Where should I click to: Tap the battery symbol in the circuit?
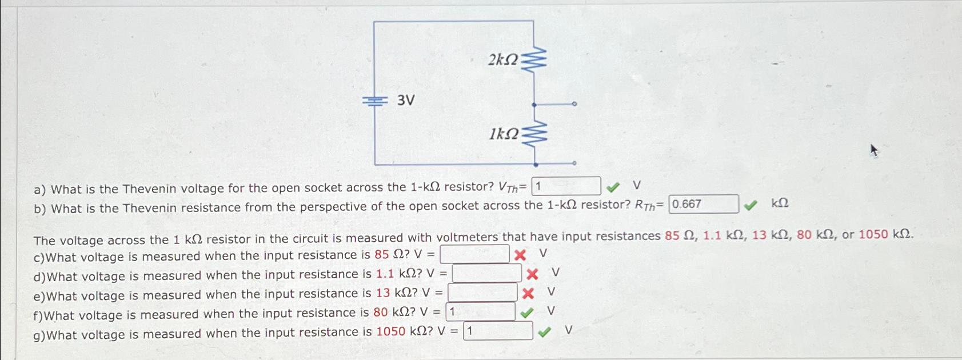coord(374,101)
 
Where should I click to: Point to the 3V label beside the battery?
coord(406,101)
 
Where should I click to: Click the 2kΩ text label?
coord(502,59)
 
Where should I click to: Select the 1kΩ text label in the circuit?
coord(504,134)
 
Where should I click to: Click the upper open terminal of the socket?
coord(574,105)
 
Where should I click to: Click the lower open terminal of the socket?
coord(574,163)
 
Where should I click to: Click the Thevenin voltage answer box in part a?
coord(566,186)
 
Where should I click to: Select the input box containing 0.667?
coord(703,204)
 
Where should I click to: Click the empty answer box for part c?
coord(474,254)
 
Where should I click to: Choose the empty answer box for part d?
coord(486,274)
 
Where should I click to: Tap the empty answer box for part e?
coord(482,293)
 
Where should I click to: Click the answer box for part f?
coord(480,312)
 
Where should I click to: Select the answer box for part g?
coord(498,331)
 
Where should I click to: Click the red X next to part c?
coord(520,255)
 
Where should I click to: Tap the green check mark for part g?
coord(545,331)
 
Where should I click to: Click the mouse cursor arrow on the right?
coord(873,150)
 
